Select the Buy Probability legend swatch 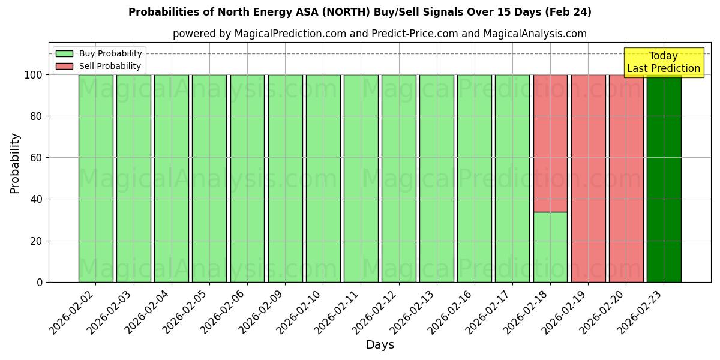64,53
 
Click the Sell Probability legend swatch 64,66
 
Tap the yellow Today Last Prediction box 663,62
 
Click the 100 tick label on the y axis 34,75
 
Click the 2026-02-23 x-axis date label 640,311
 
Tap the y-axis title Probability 16,163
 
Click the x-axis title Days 380,345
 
